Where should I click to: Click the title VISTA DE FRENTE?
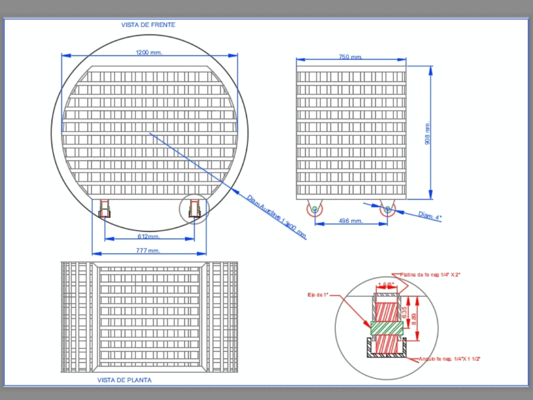[148, 25]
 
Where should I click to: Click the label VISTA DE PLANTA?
[124, 380]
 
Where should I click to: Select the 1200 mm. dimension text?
[149, 52]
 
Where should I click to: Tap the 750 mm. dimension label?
[350, 57]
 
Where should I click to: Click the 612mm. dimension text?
[149, 236]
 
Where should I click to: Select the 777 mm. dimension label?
[148, 250]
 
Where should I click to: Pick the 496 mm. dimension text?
[351, 221]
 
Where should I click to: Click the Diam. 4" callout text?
[430, 216]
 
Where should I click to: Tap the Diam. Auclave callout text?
[277, 217]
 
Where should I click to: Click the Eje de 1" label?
[317, 295]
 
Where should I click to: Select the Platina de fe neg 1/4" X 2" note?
[430, 275]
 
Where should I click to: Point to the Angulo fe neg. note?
[449, 359]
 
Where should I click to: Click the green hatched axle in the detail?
[387, 328]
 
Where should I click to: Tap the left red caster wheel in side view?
[314, 209]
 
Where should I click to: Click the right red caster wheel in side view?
[387, 210]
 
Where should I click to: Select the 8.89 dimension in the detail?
[414, 320]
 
